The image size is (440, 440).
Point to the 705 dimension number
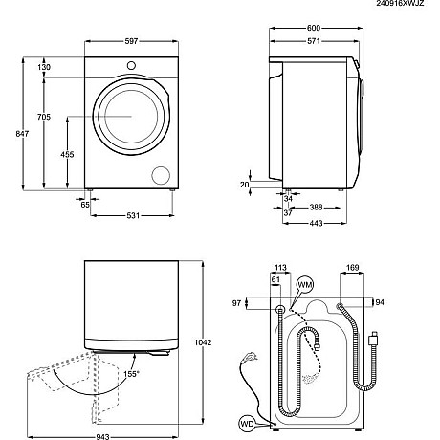tap(43, 117)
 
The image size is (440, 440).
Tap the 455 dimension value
tap(68, 154)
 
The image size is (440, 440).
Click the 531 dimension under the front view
tap(133, 214)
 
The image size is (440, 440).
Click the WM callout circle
tap(305, 286)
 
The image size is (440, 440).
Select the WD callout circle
tap(246, 421)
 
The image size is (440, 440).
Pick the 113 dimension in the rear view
tap(280, 269)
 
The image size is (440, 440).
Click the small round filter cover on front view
tap(160, 175)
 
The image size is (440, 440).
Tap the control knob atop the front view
tap(131, 66)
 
